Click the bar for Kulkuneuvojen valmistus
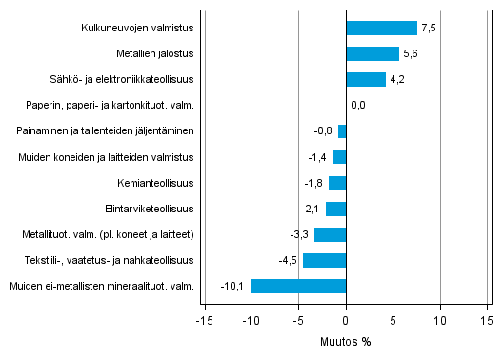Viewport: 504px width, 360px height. click(381, 29)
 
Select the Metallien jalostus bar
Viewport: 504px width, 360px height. click(373, 54)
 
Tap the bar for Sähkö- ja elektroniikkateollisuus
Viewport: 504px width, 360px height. click(366, 80)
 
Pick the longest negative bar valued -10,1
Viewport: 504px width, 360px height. click(298, 286)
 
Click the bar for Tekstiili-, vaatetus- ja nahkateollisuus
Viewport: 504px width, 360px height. click(324, 260)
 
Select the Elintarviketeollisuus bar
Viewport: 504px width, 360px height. click(335, 209)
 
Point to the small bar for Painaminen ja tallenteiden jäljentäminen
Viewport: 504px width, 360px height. click(342, 131)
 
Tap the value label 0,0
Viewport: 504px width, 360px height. click(359, 106)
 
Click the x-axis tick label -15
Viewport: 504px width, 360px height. click(203, 322)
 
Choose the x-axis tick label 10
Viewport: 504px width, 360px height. click(440, 322)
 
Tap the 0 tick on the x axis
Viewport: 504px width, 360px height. click(346, 322)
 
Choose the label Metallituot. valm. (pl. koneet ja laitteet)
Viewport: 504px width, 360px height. click(108, 234)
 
